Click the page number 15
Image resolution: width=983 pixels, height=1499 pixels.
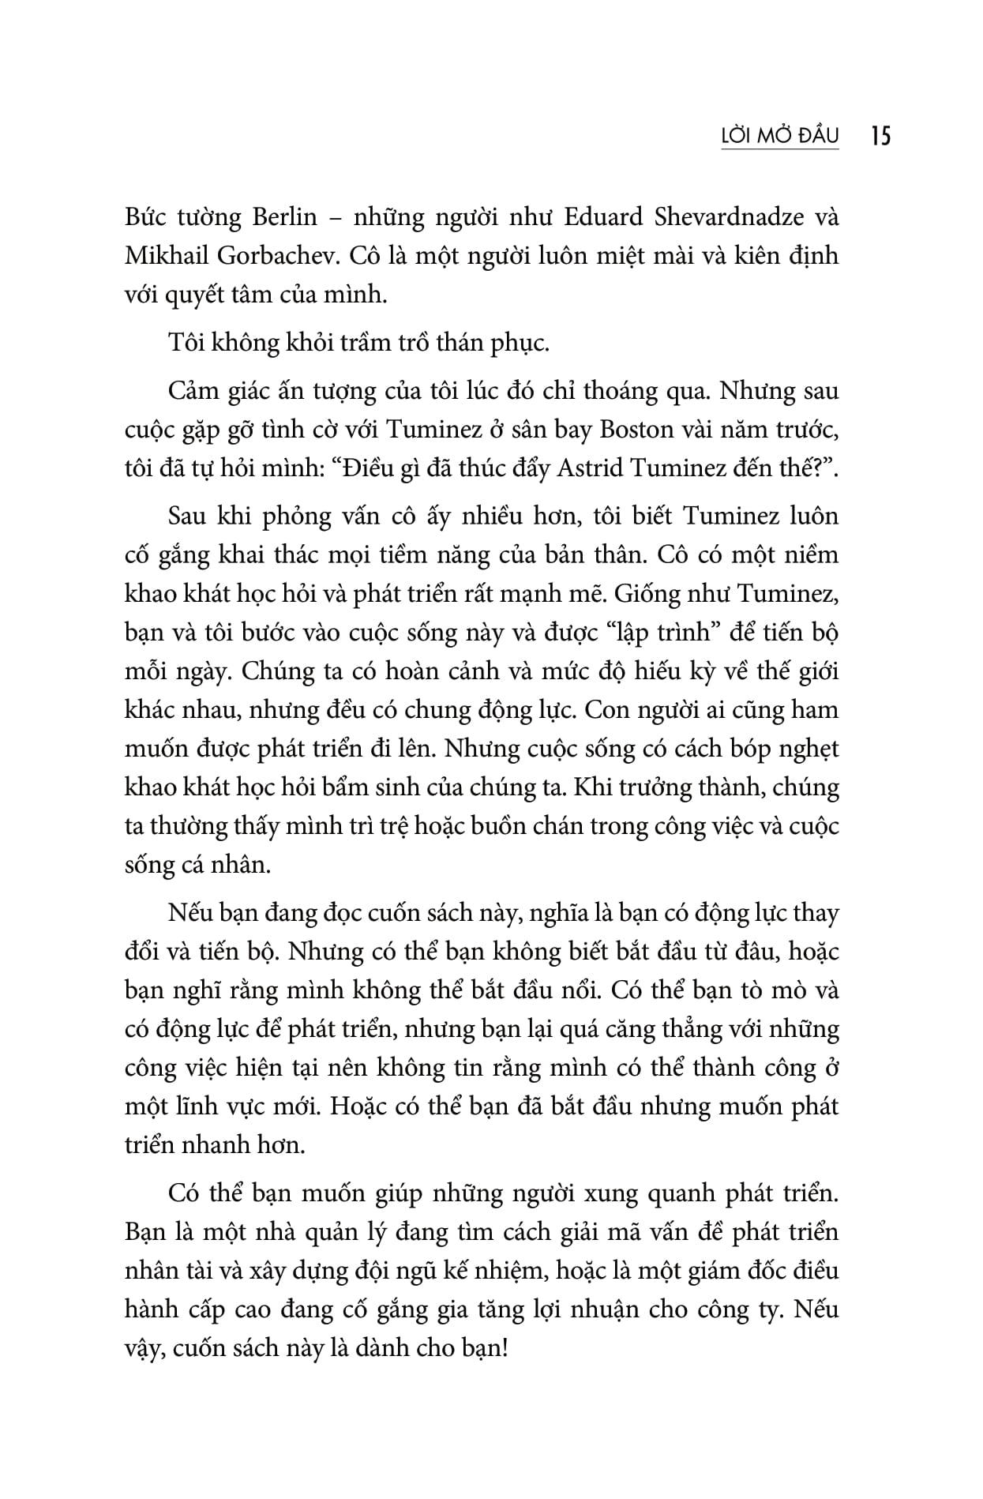tap(880, 136)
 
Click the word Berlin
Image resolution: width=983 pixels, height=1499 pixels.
tap(284, 217)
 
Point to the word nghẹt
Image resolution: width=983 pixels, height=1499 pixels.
tap(810, 749)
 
